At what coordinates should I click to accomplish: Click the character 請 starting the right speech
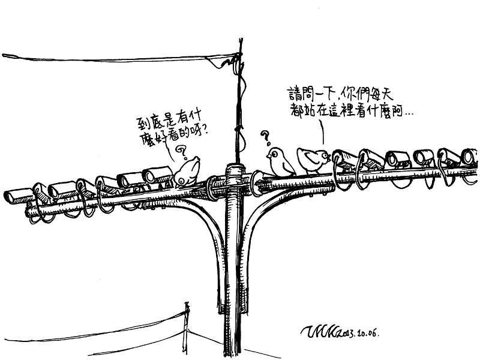point(294,94)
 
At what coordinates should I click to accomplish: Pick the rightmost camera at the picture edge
point(470,157)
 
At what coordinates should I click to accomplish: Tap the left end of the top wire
point(6,56)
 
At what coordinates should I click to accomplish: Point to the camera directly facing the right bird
point(346,159)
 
